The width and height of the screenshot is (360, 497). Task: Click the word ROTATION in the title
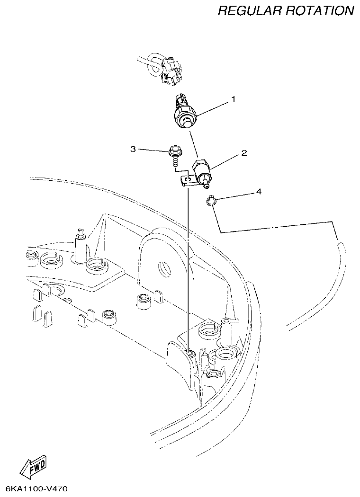coord(321,11)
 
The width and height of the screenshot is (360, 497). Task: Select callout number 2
coord(244,153)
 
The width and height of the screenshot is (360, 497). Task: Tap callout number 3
coord(133,149)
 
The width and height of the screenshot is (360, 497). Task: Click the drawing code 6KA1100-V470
coord(36,488)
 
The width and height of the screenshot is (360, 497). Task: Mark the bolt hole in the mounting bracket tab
coord(188,179)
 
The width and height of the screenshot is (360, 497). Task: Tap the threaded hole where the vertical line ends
coord(189,354)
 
